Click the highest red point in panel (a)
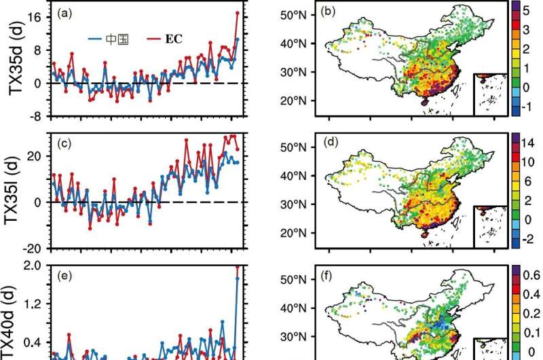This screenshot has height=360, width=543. [x=238, y=13]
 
